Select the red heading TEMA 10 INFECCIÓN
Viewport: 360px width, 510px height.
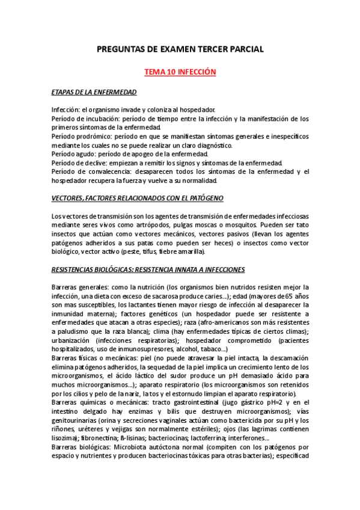(x=180, y=72)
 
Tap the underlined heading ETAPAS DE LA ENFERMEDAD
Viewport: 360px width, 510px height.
(x=94, y=92)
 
